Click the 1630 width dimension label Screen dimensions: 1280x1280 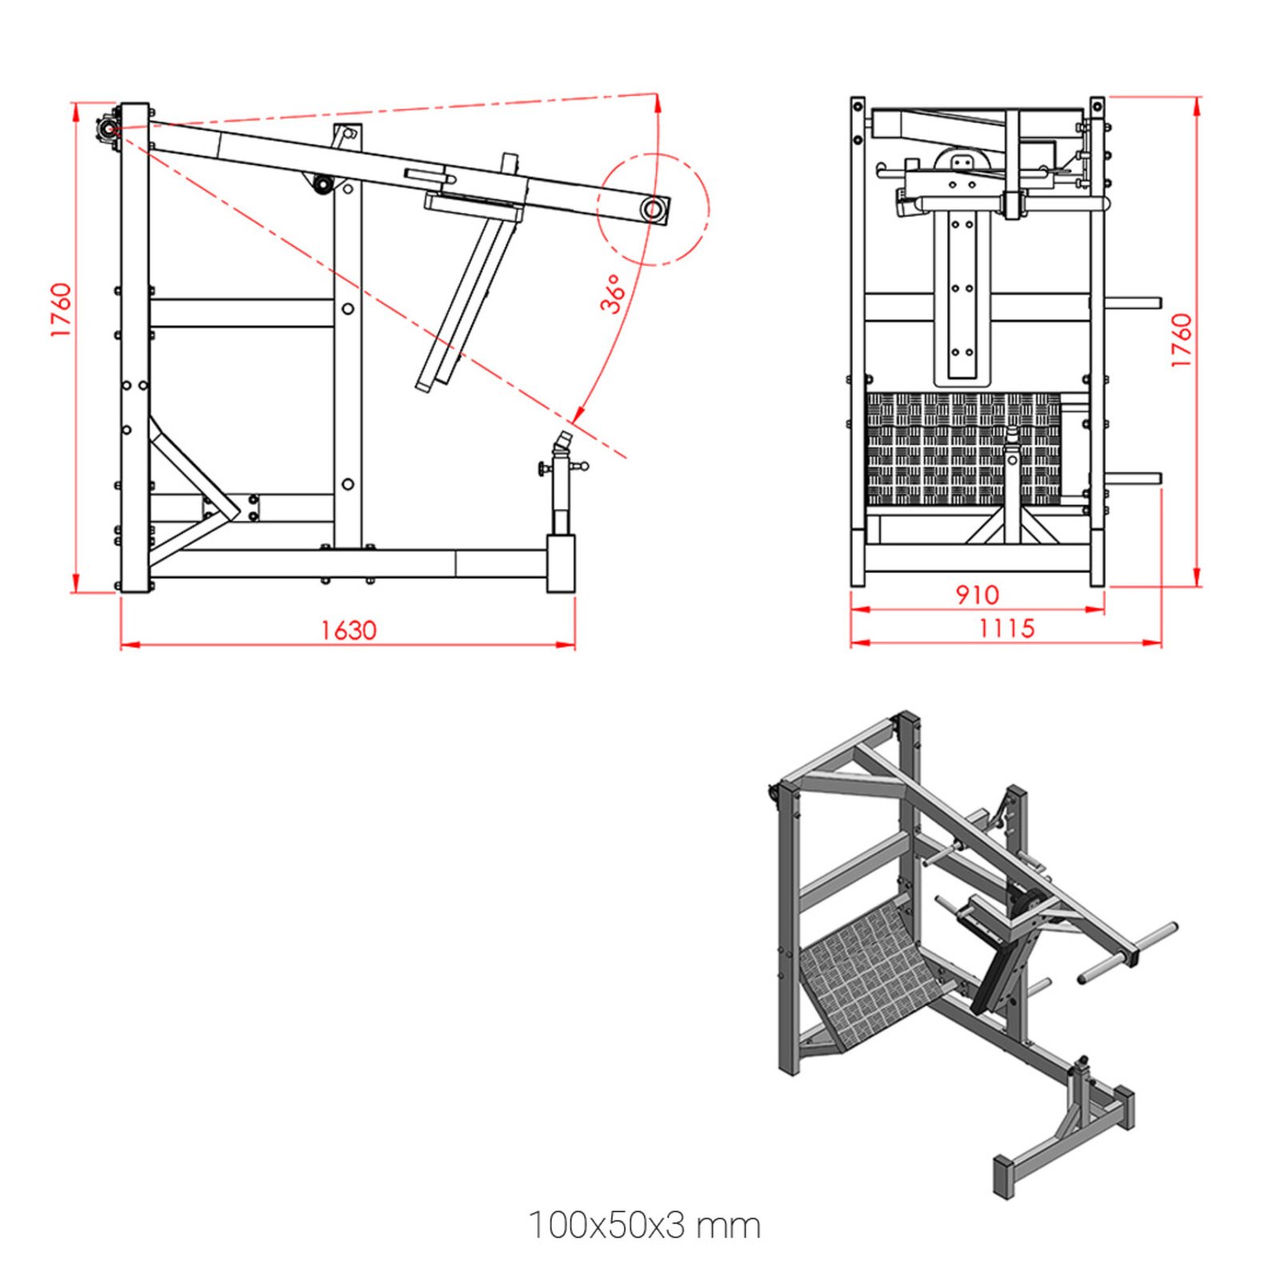click(x=348, y=630)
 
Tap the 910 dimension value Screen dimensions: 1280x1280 click(x=977, y=594)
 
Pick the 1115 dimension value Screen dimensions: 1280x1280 click(x=1006, y=628)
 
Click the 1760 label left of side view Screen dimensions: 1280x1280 click(x=61, y=310)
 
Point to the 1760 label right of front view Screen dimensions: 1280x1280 click(x=1182, y=340)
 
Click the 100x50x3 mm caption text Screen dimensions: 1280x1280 click(x=644, y=1226)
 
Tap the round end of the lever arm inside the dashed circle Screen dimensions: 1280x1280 click(x=653, y=210)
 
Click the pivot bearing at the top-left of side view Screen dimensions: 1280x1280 click(x=106, y=127)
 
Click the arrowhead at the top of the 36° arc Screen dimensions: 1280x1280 click(x=658, y=102)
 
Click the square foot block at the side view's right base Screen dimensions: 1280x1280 click(x=561, y=563)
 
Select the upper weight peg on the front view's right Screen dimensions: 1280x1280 click(x=1132, y=303)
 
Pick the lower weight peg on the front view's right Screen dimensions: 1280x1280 click(x=1132, y=478)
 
